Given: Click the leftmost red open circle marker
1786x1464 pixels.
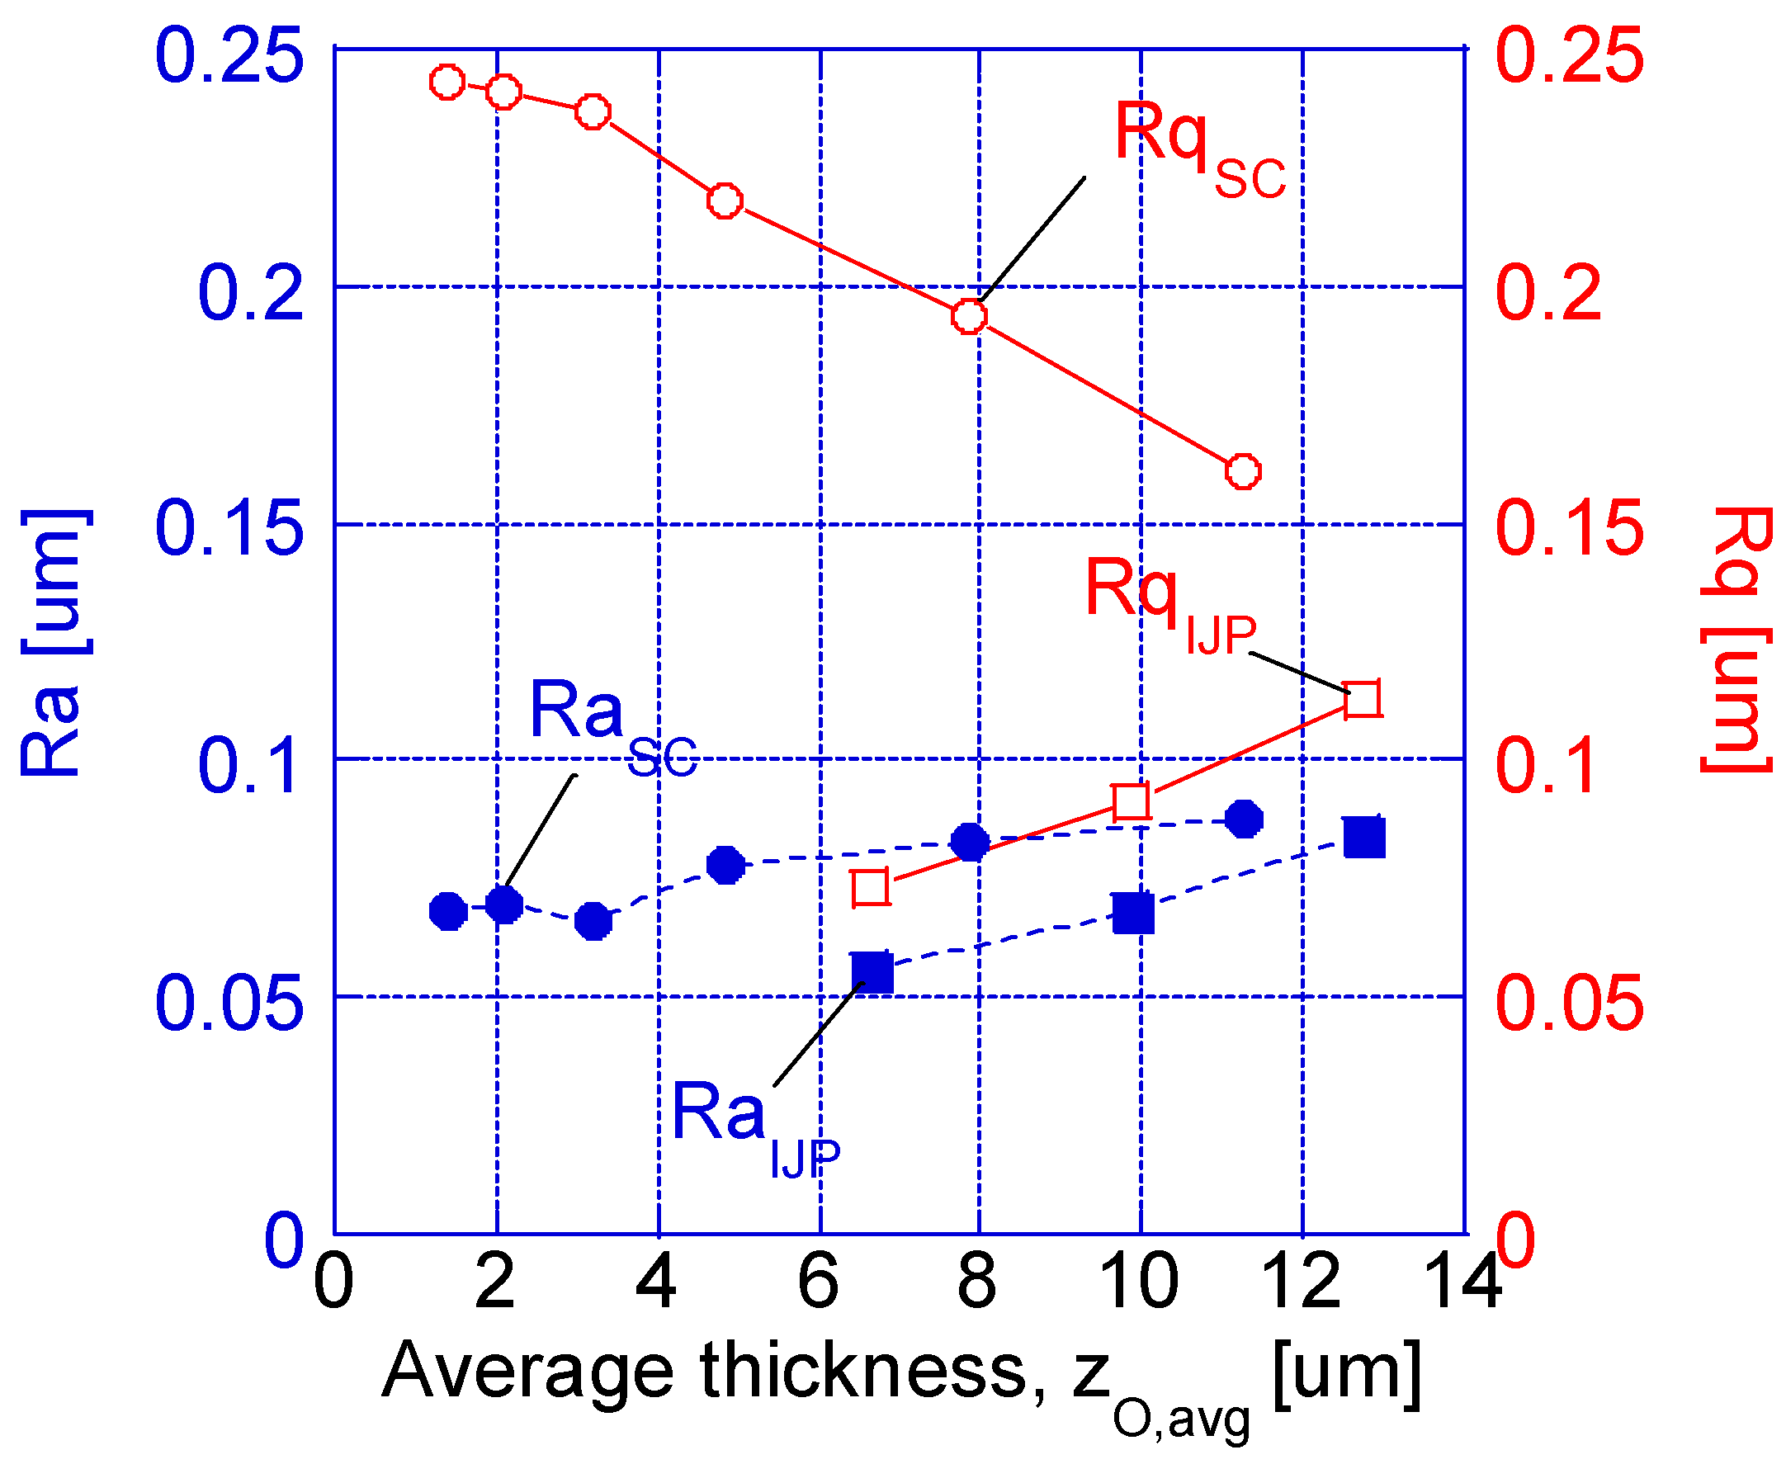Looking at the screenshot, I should pos(447,83).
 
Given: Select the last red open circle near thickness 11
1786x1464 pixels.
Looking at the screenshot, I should pos(1242,471).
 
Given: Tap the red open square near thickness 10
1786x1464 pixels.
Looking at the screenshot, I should pos(1131,801).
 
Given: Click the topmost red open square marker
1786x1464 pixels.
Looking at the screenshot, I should pos(1362,699).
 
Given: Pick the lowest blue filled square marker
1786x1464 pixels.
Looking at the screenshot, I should pos(872,973).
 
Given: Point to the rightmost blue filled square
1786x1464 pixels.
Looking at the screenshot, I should pos(1363,838).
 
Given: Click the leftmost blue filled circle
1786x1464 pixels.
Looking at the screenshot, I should pos(448,911).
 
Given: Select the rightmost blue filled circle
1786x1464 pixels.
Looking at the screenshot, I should pos(1244,819).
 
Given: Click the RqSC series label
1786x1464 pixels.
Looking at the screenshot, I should pos(1198,148).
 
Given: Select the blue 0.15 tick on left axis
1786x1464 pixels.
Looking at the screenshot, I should pos(229,529).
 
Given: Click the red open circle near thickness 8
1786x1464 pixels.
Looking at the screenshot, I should pos(969,316).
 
